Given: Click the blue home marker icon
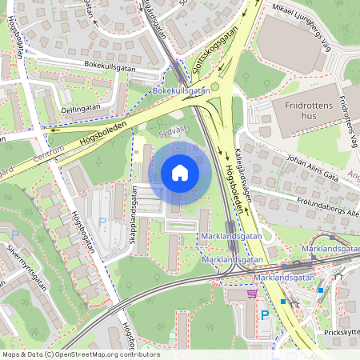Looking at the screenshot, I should (180, 173).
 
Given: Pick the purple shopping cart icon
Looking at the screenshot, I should (253, 294).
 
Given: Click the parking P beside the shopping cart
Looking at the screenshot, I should (265, 315).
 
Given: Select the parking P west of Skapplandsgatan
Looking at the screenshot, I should (101, 222).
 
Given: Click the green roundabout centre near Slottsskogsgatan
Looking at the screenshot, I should (214, 87).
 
